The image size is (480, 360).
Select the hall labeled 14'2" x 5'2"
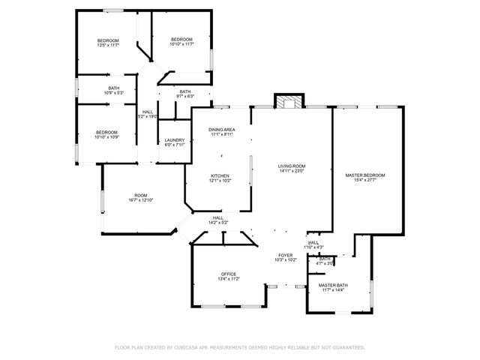point(218,220)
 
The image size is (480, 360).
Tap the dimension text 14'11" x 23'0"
point(292,171)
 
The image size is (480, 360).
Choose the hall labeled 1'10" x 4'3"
point(313,244)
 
